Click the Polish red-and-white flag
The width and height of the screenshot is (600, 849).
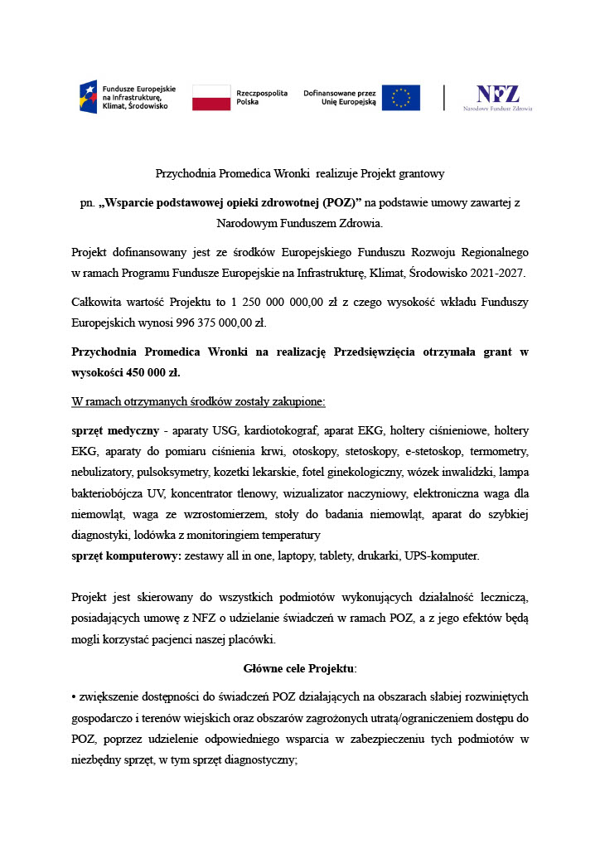click(210, 97)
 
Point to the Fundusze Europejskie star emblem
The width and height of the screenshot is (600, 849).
click(88, 97)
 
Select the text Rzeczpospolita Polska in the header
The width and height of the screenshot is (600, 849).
click(262, 97)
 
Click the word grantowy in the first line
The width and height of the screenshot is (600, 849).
click(420, 174)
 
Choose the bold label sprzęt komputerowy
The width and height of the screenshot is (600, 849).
click(126, 555)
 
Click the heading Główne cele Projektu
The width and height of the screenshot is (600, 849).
click(300, 668)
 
